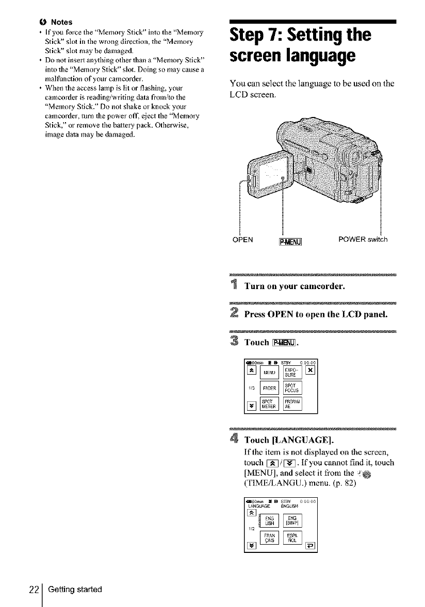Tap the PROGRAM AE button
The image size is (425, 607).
(x=291, y=406)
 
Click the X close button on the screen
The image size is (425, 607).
(x=310, y=369)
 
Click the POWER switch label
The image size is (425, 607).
(x=363, y=239)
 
